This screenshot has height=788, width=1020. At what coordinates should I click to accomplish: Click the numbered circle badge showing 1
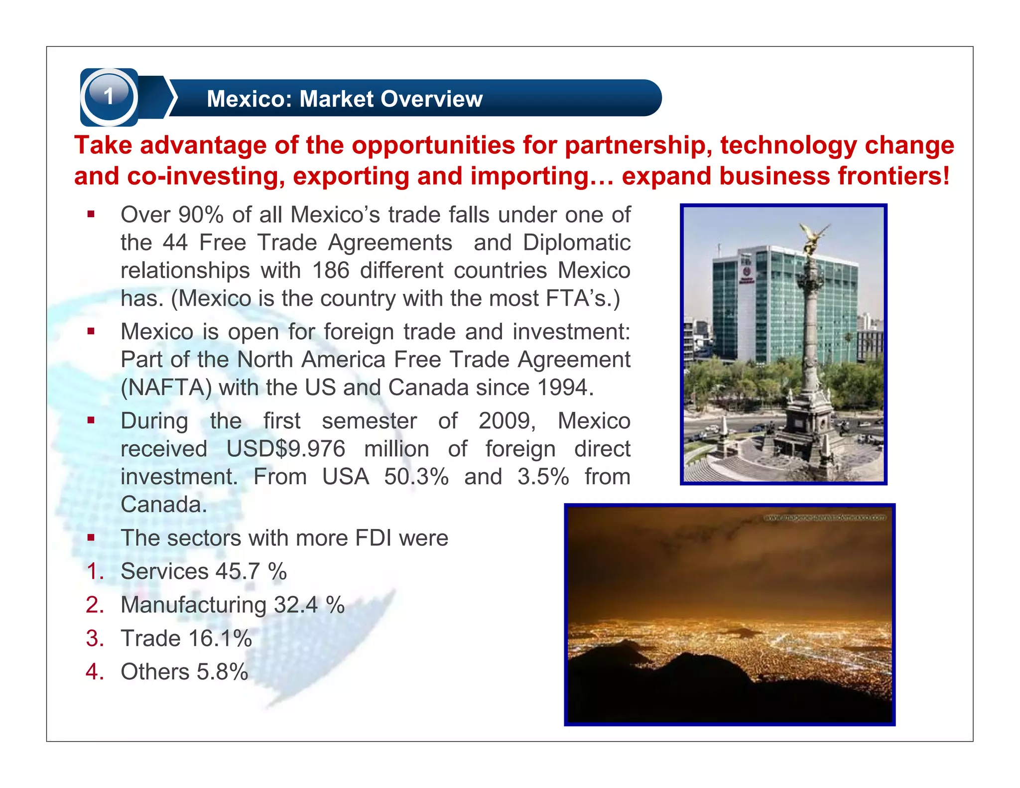[109, 96]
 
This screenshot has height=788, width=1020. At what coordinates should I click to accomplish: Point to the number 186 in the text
[330, 270]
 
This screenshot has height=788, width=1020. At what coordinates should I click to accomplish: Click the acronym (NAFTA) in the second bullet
[166, 388]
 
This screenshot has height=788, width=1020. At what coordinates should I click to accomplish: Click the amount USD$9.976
[285, 449]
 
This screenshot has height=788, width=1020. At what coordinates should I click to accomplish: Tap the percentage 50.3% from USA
[416, 477]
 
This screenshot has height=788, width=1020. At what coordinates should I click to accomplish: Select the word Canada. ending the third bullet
[163, 505]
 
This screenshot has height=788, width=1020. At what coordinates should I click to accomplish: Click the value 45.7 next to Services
[237, 571]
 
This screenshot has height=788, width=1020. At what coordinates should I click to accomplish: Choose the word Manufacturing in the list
[194, 605]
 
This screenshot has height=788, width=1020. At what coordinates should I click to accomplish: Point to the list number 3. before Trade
[95, 638]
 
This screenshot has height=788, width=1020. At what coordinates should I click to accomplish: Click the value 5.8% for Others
[222, 671]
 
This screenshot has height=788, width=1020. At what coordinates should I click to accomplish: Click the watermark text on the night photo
[825, 518]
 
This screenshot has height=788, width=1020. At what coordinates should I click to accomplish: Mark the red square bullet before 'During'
[91, 420]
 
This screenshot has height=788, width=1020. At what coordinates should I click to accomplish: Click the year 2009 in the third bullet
[506, 421]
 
